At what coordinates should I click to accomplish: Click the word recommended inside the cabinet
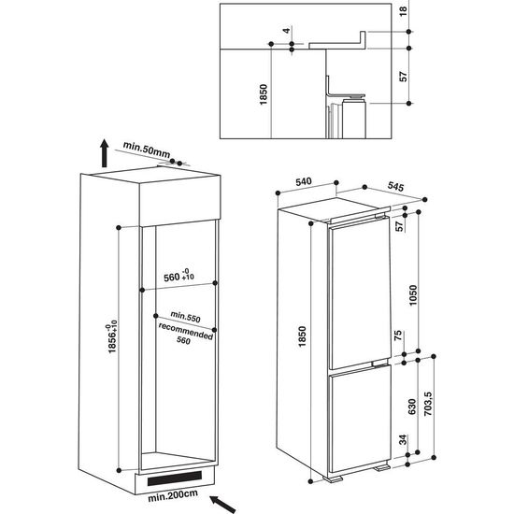click(185, 330)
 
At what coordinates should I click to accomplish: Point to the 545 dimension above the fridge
click(394, 189)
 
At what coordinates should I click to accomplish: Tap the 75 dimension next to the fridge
click(400, 336)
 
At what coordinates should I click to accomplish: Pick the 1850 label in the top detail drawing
click(264, 96)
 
